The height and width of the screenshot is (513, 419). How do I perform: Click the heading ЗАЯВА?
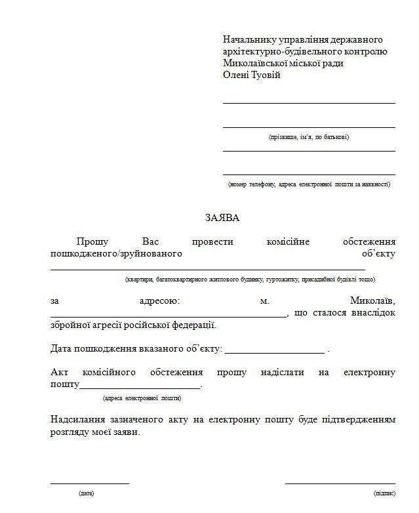point(222,217)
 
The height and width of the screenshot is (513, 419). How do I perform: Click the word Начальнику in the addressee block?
point(249,39)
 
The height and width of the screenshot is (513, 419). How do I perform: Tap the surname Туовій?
point(264,75)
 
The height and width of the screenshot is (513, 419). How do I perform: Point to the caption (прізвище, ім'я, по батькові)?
point(309,137)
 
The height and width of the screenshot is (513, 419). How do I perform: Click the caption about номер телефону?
point(309,184)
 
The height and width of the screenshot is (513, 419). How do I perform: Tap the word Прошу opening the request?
point(92,242)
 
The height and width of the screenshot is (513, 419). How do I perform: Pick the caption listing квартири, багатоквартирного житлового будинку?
point(250,279)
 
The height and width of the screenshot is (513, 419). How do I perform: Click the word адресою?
point(159,301)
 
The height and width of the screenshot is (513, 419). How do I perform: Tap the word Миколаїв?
point(372,301)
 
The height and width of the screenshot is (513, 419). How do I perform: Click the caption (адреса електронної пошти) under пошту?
point(142,398)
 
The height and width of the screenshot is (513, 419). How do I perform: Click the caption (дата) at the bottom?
point(86,493)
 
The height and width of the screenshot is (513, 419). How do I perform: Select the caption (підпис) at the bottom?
point(384,493)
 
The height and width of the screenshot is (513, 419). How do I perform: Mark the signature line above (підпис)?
point(340,483)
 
